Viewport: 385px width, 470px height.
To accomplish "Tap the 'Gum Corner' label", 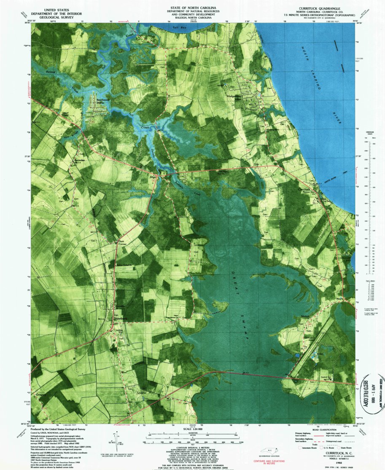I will (120, 243).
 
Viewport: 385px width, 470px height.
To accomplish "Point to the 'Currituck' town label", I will (304, 190).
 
